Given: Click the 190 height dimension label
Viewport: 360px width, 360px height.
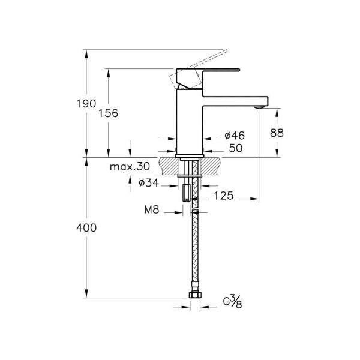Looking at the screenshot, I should tap(86, 104).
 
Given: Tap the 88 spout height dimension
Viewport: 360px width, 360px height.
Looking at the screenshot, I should tap(277, 134).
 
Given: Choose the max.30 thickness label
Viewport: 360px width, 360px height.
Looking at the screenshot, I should tap(129, 166).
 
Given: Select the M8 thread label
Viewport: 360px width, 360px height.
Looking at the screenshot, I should tap(151, 211).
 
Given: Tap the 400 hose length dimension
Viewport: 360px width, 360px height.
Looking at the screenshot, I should tap(86, 229).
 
